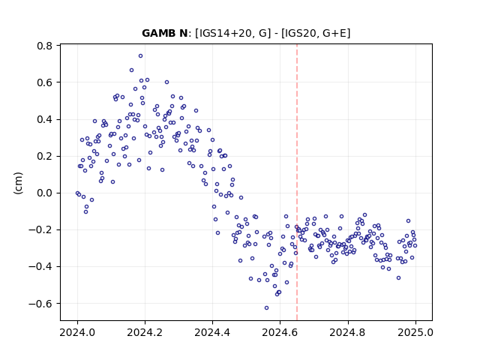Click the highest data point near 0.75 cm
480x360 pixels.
pyautogui.click(x=140, y=56)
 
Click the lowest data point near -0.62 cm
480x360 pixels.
pyautogui.click(x=267, y=308)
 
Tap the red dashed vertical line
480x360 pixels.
pyautogui.click(x=297, y=182)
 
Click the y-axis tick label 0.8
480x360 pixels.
pyautogui.click(x=45, y=46)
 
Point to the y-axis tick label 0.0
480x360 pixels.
pyautogui.click(x=45, y=193)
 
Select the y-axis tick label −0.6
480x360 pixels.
pyautogui.click(x=40, y=304)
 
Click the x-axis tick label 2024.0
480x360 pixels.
pyautogui.click(x=77, y=332)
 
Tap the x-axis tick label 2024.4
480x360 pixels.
pyautogui.click(x=212, y=332)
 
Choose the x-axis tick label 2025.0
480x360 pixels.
pyautogui.click(x=415, y=332)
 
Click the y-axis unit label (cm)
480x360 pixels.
pyautogui.click(x=18, y=183)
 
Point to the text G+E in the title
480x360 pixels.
pyautogui.click(x=334, y=33)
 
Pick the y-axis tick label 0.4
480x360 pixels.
pyautogui.click(x=45, y=119)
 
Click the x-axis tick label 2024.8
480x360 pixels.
pyautogui.click(x=348, y=332)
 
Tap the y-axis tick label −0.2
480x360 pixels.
pyautogui.click(x=40, y=230)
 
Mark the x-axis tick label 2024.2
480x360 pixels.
pyautogui.click(x=145, y=332)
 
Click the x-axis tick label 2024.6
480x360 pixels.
pyautogui.click(x=280, y=332)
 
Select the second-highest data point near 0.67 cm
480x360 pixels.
pyautogui.click(x=132, y=70)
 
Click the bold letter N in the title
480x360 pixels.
pyautogui.click(x=183, y=33)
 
